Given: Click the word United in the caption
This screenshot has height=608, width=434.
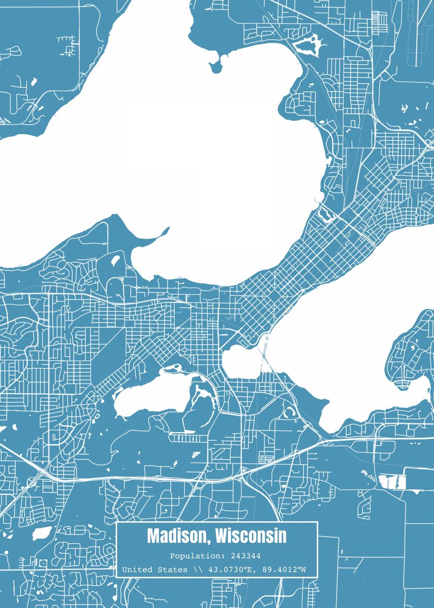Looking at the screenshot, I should pyautogui.click(x=136, y=570).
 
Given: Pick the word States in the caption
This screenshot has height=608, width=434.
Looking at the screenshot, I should pyautogui.click(x=173, y=570).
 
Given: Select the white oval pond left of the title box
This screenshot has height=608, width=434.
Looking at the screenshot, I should pyautogui.click(x=42, y=533).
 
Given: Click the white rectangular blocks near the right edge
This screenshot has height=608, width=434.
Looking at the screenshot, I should pyautogui.click(x=392, y=482).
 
